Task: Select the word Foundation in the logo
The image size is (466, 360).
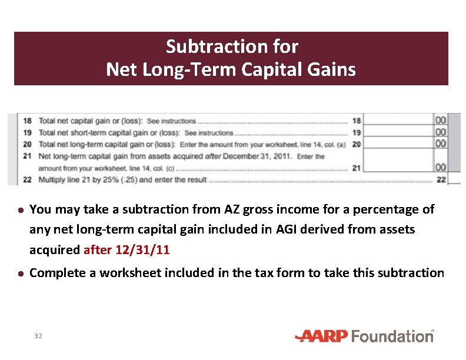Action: [x=395, y=336]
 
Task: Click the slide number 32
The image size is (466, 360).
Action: [x=38, y=336]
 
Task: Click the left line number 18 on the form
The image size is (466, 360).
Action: [x=27, y=121]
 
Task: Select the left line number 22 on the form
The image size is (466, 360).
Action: [x=27, y=179]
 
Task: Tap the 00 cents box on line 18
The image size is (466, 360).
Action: [x=440, y=121]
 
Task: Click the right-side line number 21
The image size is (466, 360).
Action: [x=356, y=168]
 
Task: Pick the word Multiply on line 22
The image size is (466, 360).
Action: [x=52, y=179]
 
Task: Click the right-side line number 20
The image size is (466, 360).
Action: [x=356, y=144]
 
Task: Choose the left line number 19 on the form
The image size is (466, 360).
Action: [x=27, y=132]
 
